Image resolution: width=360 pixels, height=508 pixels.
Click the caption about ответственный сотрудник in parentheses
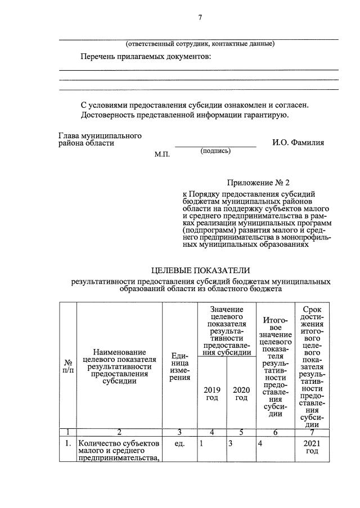pyautogui.click(x=200, y=44)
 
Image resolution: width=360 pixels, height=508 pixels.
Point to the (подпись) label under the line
pyautogui.click(x=215, y=151)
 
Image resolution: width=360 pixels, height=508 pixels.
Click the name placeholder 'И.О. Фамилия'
pyautogui.click(x=298, y=143)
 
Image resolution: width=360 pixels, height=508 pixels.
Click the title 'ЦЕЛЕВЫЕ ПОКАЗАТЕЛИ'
pyautogui.click(x=200, y=270)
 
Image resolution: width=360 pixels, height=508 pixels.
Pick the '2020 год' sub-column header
pyautogui.click(x=241, y=393)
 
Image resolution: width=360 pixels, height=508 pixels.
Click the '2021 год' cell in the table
pyautogui.click(x=312, y=448)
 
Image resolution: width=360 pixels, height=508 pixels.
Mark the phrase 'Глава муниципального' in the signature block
pyautogui.click(x=100, y=135)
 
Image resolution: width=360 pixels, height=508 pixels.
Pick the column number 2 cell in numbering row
pyautogui.click(x=119, y=432)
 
